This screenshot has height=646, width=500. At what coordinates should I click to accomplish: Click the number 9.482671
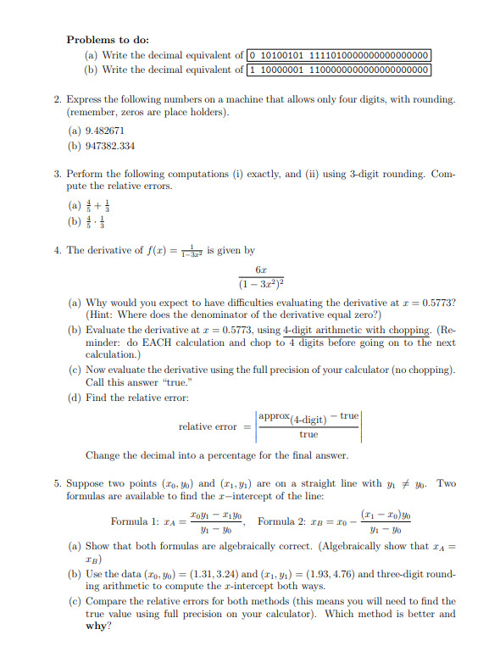click(x=104, y=131)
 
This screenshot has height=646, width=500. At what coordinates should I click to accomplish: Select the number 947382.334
click(x=109, y=146)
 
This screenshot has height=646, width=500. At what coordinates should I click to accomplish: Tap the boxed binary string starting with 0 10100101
click(x=339, y=55)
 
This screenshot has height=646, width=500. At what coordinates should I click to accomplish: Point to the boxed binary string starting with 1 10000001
click(x=339, y=70)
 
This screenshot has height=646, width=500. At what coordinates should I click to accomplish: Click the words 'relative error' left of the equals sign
click(x=208, y=426)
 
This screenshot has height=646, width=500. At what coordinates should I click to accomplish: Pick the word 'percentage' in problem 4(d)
click(x=221, y=455)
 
